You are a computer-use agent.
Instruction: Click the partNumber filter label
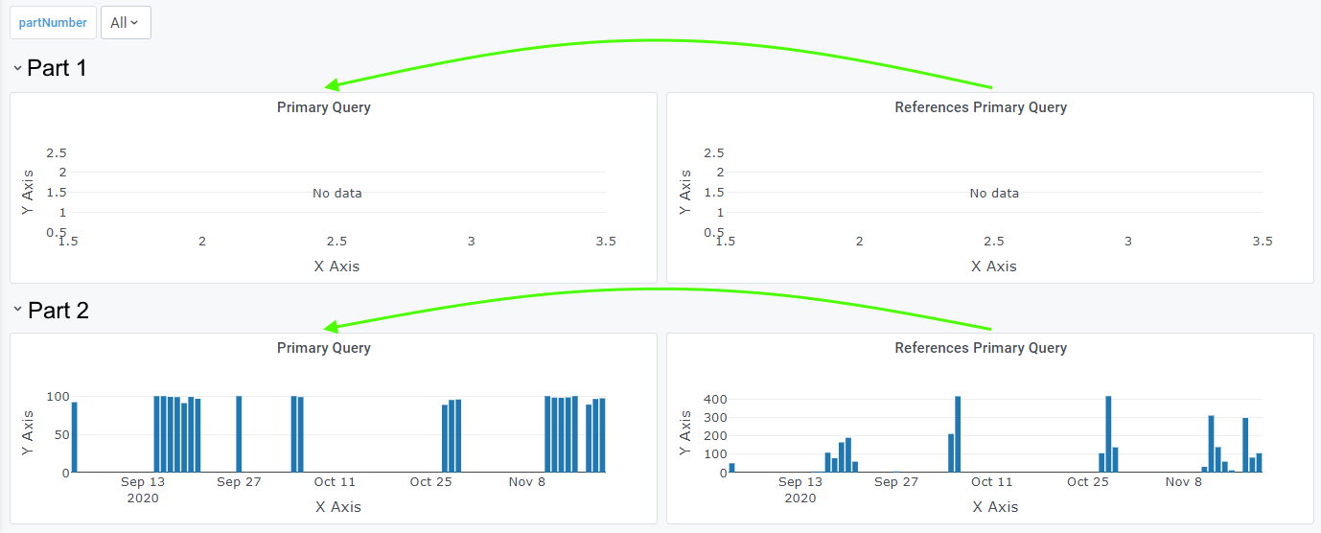(x=53, y=22)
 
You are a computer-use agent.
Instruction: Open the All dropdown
(x=126, y=22)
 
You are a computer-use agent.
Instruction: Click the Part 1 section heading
(x=57, y=68)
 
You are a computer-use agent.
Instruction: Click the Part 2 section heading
(x=58, y=311)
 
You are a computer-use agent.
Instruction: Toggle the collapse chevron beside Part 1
(x=17, y=68)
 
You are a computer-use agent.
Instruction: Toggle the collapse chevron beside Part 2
(x=17, y=310)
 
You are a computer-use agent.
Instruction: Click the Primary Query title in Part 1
(x=323, y=107)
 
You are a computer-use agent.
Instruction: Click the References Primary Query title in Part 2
(x=980, y=348)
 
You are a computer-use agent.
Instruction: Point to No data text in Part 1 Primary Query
(x=336, y=193)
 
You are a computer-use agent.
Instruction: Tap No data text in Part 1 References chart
(x=994, y=193)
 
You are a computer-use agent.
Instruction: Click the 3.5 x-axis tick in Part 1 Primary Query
(x=605, y=242)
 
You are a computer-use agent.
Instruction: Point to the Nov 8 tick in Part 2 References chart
(x=1183, y=482)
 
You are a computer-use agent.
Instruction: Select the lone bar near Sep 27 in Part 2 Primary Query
(x=239, y=433)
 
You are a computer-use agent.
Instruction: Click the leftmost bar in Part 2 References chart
(x=731, y=467)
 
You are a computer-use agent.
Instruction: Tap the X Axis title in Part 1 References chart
(x=994, y=266)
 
